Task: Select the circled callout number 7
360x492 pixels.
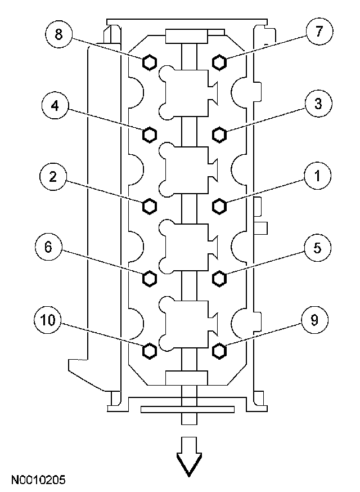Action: (318, 33)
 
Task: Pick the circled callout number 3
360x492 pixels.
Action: (318, 105)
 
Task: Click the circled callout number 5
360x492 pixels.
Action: (318, 248)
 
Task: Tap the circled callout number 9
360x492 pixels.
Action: (314, 320)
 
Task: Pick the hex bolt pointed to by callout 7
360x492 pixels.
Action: (219, 61)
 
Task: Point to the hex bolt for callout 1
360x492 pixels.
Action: (219, 206)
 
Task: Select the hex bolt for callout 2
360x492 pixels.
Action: (149, 206)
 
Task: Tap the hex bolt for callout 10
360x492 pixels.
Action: (149, 351)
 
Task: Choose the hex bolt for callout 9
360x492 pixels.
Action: (219, 351)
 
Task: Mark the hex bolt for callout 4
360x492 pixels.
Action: (149, 134)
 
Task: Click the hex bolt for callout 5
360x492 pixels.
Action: (219, 278)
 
